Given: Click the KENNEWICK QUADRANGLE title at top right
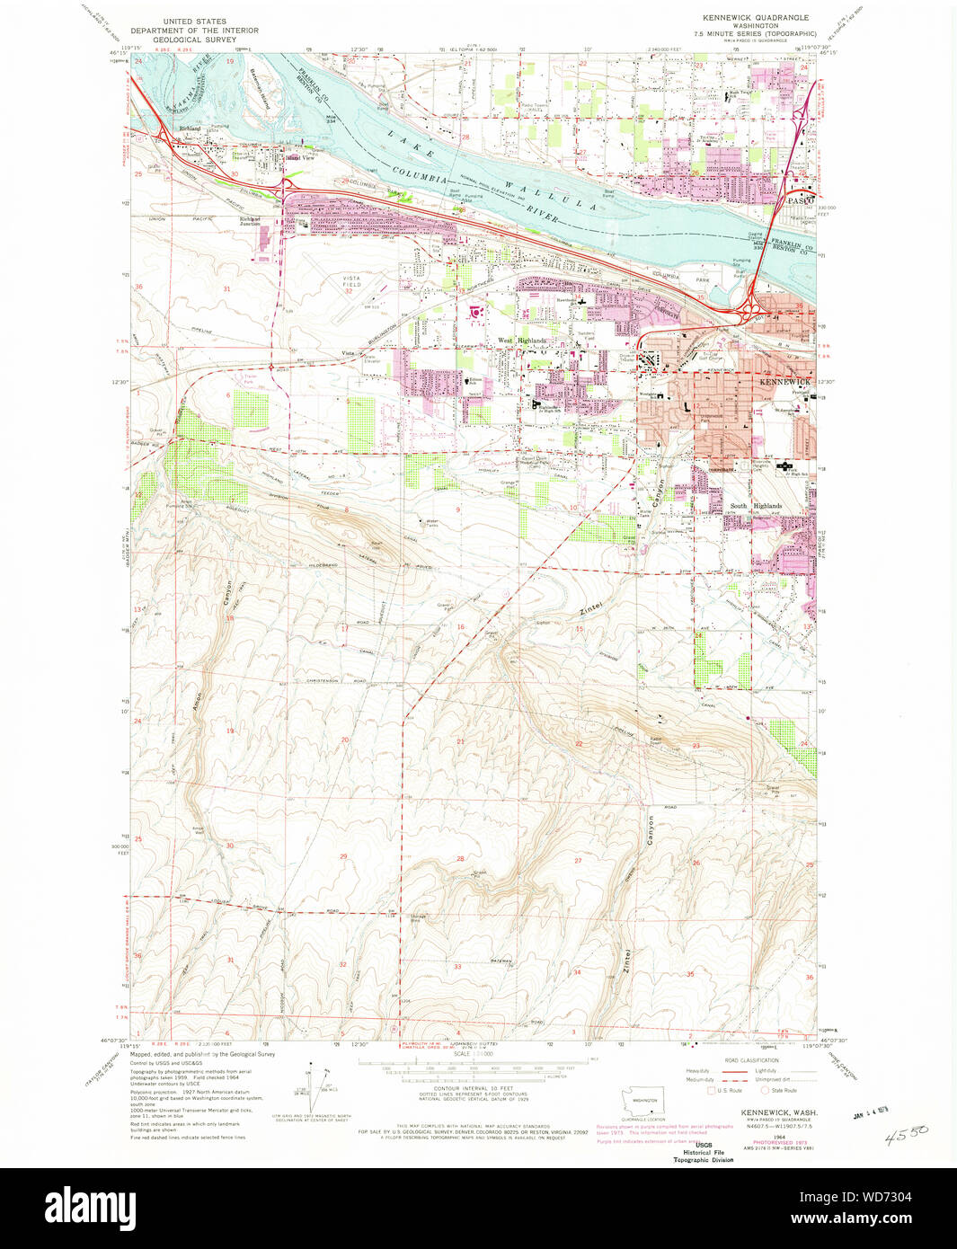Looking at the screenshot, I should point(755,17).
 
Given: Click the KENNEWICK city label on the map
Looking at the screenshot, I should point(784,382).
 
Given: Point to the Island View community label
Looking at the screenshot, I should point(299,158).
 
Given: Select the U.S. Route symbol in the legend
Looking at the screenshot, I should point(712,1091).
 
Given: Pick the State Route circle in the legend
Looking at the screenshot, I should point(766,1091).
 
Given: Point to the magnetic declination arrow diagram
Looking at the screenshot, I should point(313,1089).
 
